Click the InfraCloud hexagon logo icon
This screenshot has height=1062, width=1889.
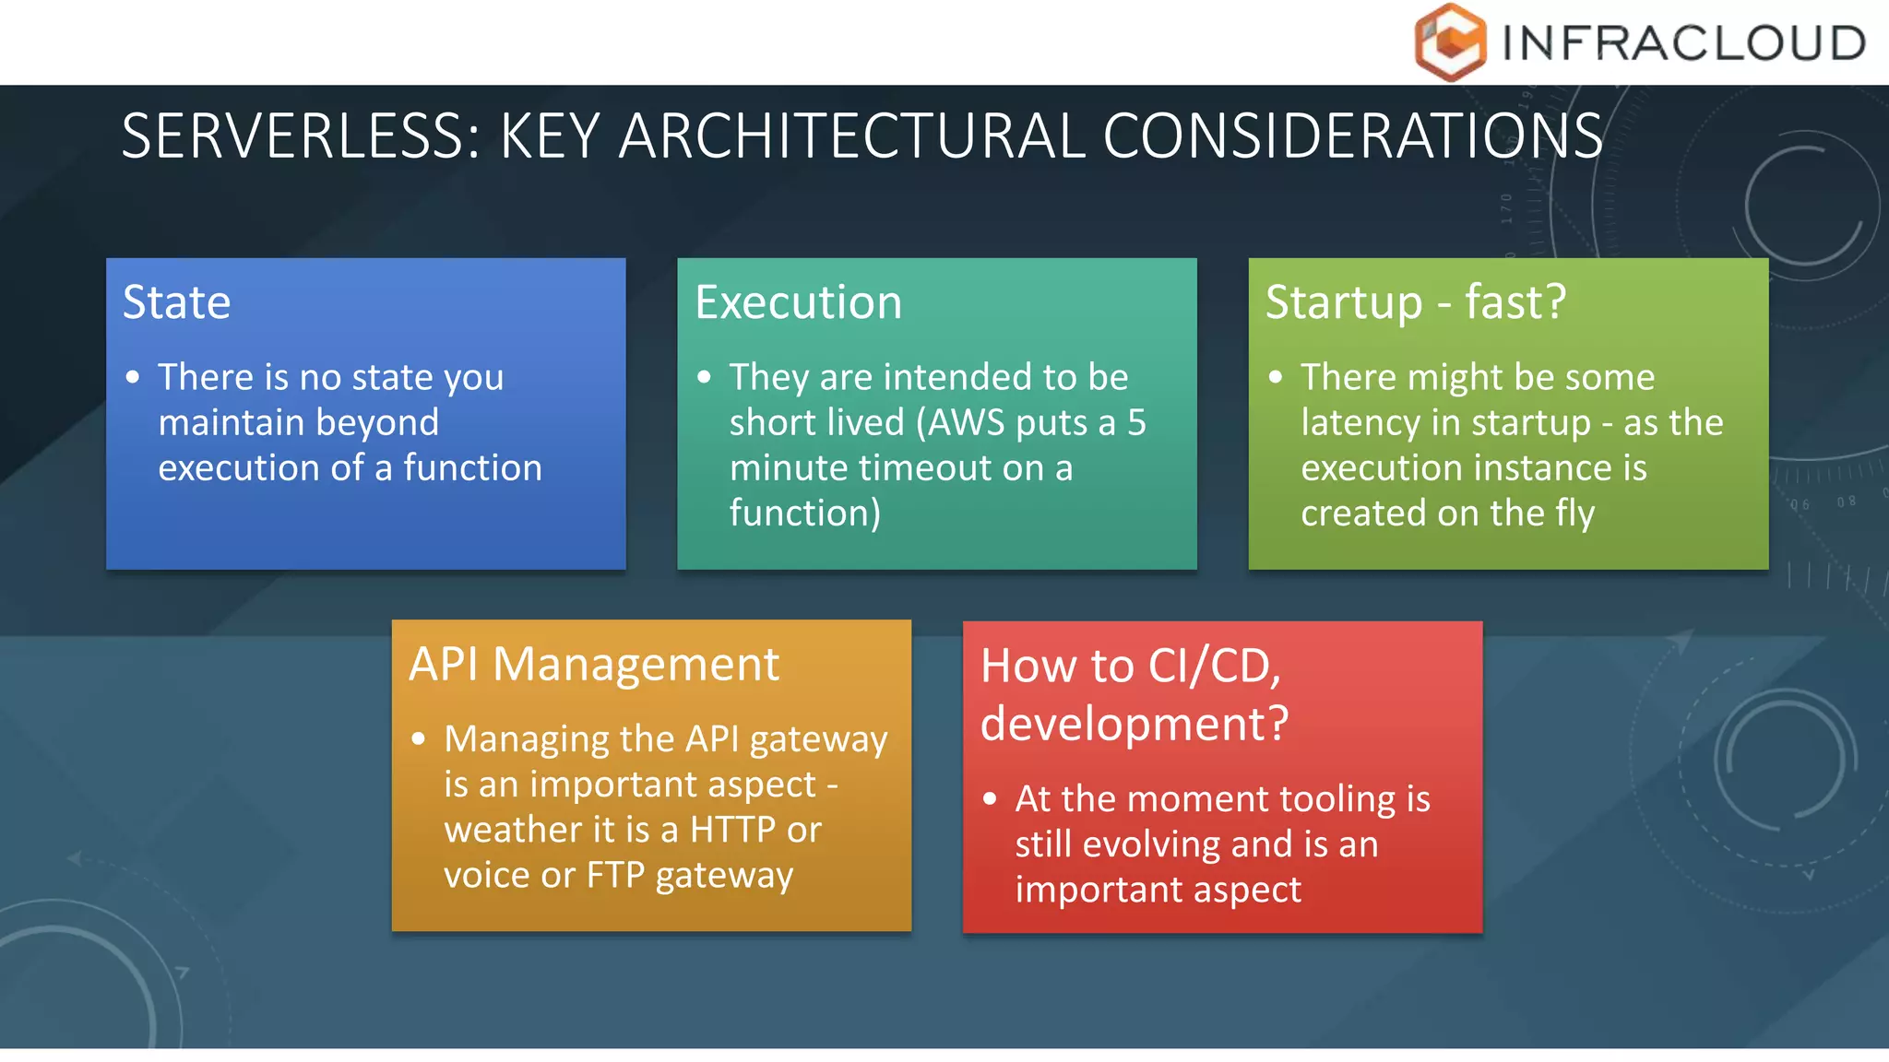(x=1450, y=41)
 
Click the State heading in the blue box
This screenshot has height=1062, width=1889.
(x=177, y=302)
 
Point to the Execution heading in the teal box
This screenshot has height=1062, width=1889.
(x=799, y=302)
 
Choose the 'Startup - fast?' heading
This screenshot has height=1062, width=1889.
(x=1416, y=302)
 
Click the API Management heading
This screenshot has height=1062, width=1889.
(x=594, y=664)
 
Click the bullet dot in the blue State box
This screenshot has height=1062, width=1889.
(x=134, y=377)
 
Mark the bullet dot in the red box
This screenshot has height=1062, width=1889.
(x=991, y=798)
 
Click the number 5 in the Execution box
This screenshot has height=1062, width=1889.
(x=1136, y=422)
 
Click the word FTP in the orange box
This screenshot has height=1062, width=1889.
(x=616, y=875)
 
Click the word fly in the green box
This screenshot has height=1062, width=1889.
(x=1575, y=513)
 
